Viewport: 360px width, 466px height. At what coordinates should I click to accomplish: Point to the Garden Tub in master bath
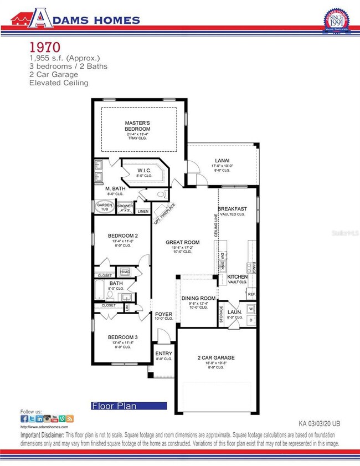[104, 207]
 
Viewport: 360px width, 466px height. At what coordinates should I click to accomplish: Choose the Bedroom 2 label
[122, 235]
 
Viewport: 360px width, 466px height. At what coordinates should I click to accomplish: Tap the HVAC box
[125, 272]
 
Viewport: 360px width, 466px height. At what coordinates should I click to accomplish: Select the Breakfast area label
[232, 209]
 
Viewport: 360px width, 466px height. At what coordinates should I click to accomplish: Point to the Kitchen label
[238, 276]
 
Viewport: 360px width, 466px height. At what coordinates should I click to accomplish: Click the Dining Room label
[198, 298]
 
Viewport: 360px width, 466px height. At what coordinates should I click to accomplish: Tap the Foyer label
[163, 314]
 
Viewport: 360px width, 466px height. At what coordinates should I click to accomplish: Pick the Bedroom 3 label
[122, 337]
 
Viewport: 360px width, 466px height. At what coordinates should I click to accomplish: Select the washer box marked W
[251, 308]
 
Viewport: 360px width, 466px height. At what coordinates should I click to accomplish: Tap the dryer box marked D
[251, 320]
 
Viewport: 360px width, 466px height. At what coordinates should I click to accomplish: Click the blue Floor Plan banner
[128, 406]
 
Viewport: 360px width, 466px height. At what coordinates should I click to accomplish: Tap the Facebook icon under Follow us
[24, 419]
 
